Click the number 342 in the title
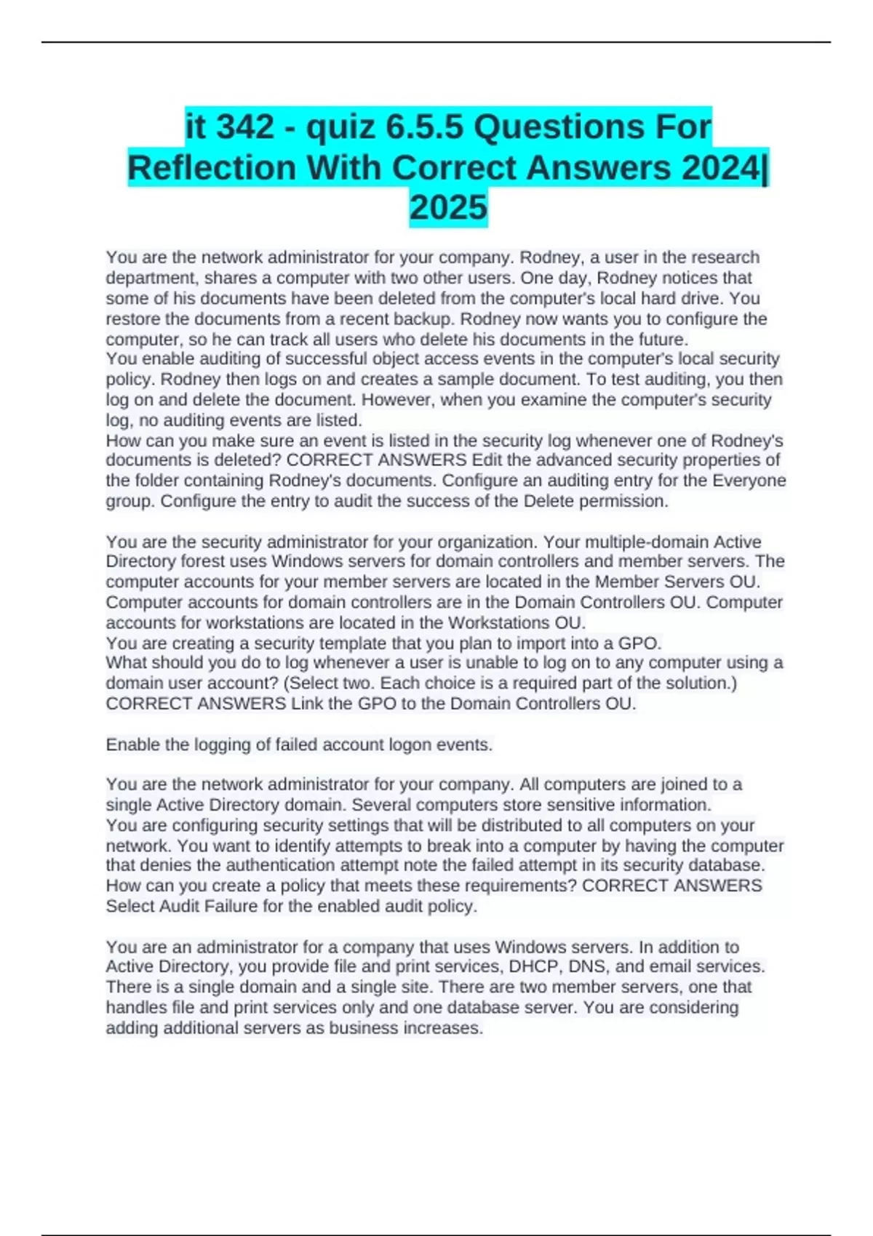coord(246,128)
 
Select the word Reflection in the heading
coord(212,168)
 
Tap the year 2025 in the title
coord(448,208)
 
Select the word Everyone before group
coord(749,481)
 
